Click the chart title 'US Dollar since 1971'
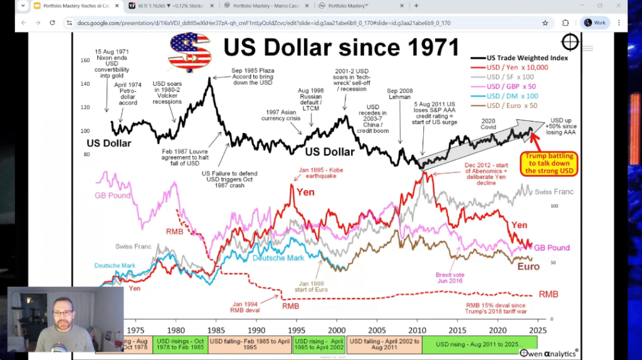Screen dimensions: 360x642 coord(341,48)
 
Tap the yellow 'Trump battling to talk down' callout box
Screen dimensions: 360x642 coord(549,163)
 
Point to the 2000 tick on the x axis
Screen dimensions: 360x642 coord(337,329)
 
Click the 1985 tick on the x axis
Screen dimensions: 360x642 coord(216,329)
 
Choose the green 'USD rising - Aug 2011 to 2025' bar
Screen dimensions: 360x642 coord(480,343)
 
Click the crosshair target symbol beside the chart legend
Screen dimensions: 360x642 coord(570,43)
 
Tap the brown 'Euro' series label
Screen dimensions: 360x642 coord(528,267)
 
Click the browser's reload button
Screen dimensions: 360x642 coord(53,23)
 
